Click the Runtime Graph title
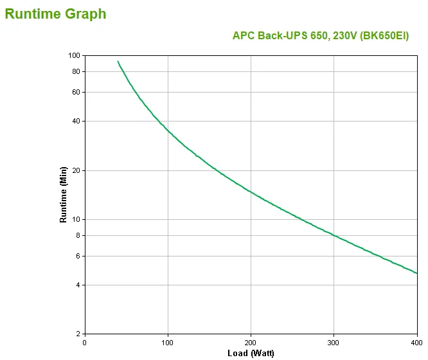[x=55, y=14]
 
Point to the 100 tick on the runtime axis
[x=73, y=55]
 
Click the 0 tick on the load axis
[x=85, y=342]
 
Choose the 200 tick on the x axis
[x=251, y=342]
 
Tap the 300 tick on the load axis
[x=334, y=342]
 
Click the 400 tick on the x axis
[x=417, y=342]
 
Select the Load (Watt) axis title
[x=251, y=353]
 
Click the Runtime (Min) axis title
[x=63, y=194]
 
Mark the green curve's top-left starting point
[x=118, y=62]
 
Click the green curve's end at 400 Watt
[x=417, y=273]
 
